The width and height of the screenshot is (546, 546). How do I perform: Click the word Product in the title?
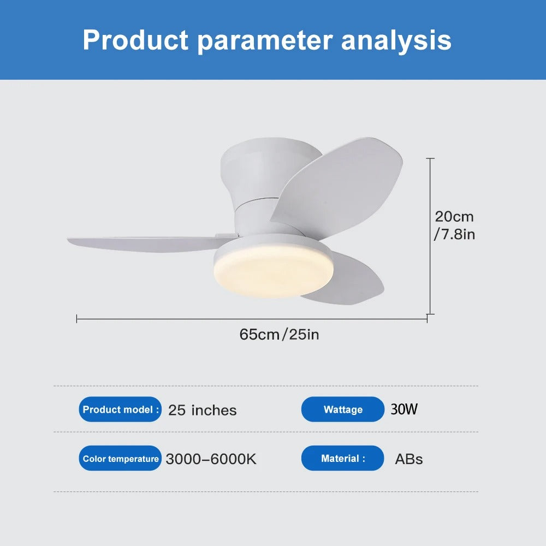click(x=135, y=40)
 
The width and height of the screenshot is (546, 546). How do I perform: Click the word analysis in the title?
click(x=396, y=40)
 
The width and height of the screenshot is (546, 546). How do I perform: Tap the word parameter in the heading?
click(x=264, y=41)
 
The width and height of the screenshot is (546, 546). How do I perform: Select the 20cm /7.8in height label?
click(x=454, y=225)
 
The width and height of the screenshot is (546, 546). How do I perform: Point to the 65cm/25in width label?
click(x=279, y=334)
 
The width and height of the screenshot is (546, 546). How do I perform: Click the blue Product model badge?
click(x=121, y=410)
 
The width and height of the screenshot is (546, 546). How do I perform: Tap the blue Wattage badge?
click(x=343, y=410)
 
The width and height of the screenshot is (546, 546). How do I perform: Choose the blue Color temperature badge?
click(x=121, y=459)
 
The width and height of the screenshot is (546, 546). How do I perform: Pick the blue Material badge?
click(x=343, y=459)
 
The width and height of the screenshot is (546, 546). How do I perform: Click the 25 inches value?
click(x=202, y=410)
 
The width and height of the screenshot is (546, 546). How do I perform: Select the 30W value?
click(x=404, y=409)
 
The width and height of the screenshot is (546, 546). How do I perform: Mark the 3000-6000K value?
click(x=211, y=459)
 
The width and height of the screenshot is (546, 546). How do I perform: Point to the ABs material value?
click(x=409, y=459)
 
